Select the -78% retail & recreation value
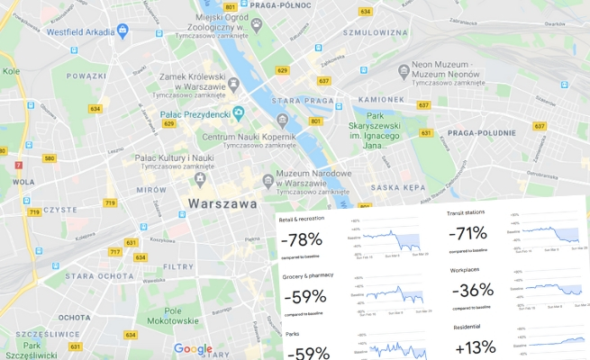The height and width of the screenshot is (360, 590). coord(302,240)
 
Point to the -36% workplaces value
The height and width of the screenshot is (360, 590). coord(471,291)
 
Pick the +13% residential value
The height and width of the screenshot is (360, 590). coord(475,346)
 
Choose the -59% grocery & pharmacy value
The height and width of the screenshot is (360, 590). coord(303,296)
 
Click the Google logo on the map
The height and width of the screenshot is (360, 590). coord(193,349)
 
